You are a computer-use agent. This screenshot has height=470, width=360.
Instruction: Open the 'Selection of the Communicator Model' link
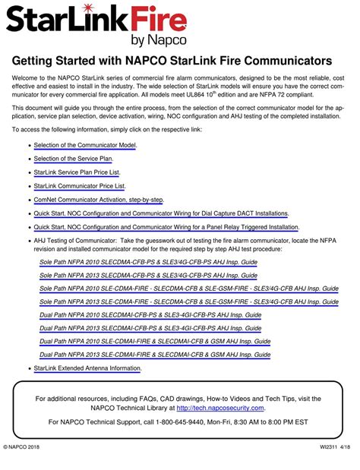(x=85, y=144)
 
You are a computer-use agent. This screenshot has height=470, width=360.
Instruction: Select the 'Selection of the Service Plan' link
(x=73, y=158)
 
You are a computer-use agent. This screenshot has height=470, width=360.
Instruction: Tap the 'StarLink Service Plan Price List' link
(x=81, y=172)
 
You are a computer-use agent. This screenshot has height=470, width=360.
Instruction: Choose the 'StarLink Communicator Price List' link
(x=80, y=185)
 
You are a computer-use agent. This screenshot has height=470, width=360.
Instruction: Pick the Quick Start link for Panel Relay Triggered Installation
(x=166, y=227)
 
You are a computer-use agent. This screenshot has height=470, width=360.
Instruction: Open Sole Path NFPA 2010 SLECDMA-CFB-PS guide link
(x=148, y=262)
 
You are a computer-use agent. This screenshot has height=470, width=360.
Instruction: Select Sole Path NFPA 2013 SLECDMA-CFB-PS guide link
(x=148, y=276)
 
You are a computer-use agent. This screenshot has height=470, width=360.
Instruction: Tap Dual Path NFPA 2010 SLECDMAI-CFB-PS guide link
(x=150, y=314)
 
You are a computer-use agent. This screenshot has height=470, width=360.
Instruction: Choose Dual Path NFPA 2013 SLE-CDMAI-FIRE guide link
(x=155, y=355)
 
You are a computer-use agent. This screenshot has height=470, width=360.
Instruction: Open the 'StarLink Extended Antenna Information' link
(x=87, y=368)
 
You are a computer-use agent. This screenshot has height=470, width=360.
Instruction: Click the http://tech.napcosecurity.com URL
(x=220, y=408)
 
